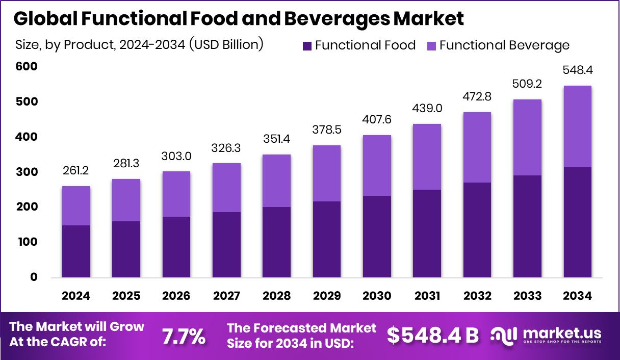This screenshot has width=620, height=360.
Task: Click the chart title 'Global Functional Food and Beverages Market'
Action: pyautogui.click(x=239, y=19)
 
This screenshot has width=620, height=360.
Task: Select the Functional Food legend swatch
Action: pyautogui.click(x=307, y=45)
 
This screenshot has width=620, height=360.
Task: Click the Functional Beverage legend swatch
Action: pyautogui.click(x=431, y=45)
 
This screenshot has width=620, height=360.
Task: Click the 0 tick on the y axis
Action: pyautogui.click(x=34, y=277)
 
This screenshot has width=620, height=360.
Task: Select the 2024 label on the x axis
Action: pyautogui.click(x=76, y=296)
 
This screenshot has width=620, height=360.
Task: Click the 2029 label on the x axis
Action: pyautogui.click(x=327, y=296)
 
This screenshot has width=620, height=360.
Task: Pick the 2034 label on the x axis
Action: pyautogui.click(x=577, y=296)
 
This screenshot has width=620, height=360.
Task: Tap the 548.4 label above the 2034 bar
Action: pyautogui.click(x=577, y=69)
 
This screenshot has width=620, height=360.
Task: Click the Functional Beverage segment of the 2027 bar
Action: pyautogui.click(x=226, y=188)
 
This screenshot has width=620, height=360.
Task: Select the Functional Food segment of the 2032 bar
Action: pyautogui.click(x=477, y=230)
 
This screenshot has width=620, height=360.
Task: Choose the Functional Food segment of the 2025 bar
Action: pyautogui.click(x=126, y=249)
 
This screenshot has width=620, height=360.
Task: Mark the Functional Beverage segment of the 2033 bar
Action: pyautogui.click(x=527, y=138)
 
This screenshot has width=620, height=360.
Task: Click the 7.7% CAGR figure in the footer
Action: pyautogui.click(x=184, y=336)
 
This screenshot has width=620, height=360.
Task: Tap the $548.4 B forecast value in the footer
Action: pyautogui.click(x=433, y=336)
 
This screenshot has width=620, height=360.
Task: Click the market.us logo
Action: pyautogui.click(x=546, y=335)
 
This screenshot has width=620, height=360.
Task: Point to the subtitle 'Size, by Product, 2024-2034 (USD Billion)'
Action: pyautogui.click(x=139, y=44)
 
